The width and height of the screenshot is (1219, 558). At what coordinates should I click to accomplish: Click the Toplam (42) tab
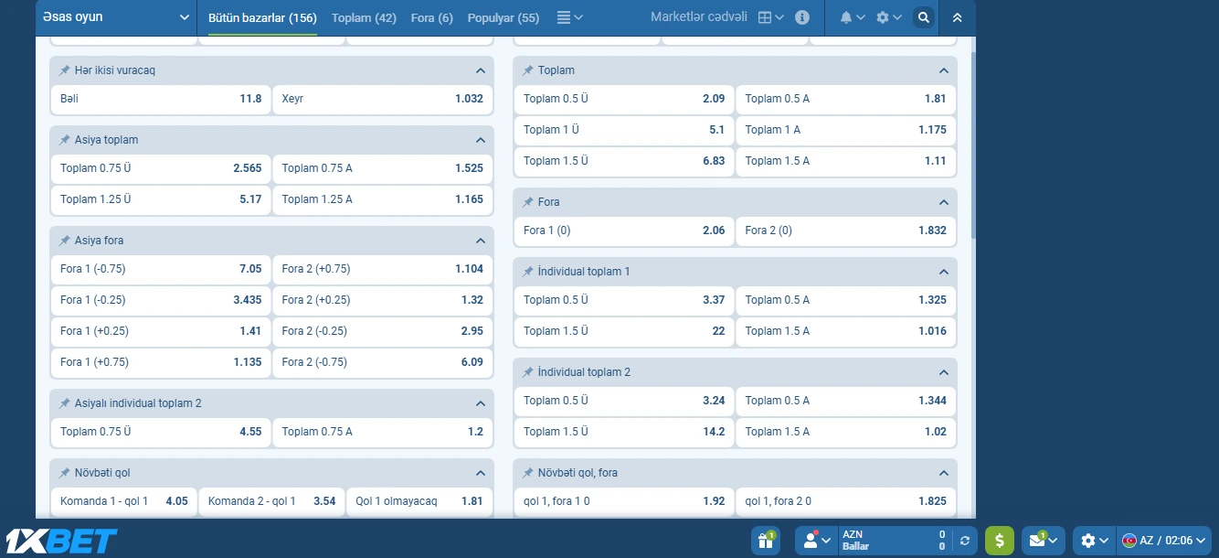pyautogui.click(x=364, y=17)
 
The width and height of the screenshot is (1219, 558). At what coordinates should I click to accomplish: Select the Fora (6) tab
pyautogui.click(x=431, y=17)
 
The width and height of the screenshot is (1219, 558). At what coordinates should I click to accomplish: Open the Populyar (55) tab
pyautogui.click(x=503, y=17)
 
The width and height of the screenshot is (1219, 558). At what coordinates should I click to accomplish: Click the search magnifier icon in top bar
pyautogui.click(x=924, y=17)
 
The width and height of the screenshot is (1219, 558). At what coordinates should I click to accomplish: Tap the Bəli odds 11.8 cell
pyautogui.click(x=161, y=99)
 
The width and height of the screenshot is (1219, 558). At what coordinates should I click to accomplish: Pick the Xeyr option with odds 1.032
pyautogui.click(x=382, y=99)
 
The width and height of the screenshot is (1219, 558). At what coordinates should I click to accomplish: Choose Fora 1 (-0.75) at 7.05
pyautogui.click(x=161, y=269)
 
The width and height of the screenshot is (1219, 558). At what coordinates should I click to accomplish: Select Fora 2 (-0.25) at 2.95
pyautogui.click(x=382, y=331)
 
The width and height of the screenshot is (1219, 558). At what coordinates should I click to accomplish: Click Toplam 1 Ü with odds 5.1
pyautogui.click(x=624, y=130)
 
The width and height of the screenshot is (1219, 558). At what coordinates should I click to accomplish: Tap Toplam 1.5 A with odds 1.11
pyautogui.click(x=845, y=161)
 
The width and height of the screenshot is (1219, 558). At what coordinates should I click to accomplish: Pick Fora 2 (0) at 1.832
pyautogui.click(x=845, y=231)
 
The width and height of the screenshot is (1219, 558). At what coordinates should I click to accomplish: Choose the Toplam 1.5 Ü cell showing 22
pyautogui.click(x=624, y=331)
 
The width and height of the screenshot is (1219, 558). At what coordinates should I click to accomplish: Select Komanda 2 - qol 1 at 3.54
pyautogui.click(x=271, y=501)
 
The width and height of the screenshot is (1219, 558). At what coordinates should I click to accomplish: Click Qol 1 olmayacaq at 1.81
pyautogui.click(x=419, y=501)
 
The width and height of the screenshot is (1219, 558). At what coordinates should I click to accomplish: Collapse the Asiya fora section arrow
pyautogui.click(x=481, y=241)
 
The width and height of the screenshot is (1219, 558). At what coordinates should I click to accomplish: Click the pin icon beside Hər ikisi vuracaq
pyautogui.click(x=65, y=70)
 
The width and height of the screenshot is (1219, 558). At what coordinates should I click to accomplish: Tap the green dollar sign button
pyautogui.click(x=999, y=541)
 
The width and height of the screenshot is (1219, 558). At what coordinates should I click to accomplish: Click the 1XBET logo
pyautogui.click(x=61, y=541)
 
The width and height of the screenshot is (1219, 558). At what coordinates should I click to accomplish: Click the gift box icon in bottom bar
pyautogui.click(x=765, y=541)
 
